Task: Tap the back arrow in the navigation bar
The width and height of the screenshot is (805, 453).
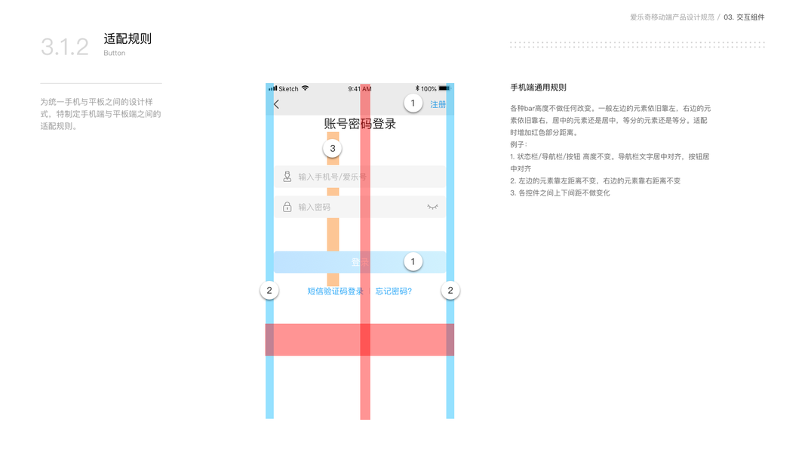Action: tap(277, 104)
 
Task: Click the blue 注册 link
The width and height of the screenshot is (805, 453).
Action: tap(438, 104)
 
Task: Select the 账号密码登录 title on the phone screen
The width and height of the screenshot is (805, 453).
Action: tap(360, 124)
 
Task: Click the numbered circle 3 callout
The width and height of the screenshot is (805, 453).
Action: tap(333, 148)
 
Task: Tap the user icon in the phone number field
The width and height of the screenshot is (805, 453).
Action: tap(287, 177)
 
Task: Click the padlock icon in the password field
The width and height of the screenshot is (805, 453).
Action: tap(287, 207)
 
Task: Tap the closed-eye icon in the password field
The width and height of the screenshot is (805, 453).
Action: tap(432, 206)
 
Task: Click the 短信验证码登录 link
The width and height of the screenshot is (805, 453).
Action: tap(335, 291)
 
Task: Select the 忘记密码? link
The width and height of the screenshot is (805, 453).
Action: tap(394, 291)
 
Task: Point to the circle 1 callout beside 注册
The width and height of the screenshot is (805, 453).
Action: tap(413, 103)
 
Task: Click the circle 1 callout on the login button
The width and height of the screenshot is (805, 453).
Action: tap(413, 261)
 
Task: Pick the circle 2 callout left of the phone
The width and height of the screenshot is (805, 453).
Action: tap(269, 290)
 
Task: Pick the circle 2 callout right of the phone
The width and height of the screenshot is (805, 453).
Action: tap(450, 290)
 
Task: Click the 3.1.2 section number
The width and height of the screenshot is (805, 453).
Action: tap(65, 47)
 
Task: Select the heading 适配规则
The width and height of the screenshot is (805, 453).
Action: tap(128, 39)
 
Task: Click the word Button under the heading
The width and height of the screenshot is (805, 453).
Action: tap(115, 54)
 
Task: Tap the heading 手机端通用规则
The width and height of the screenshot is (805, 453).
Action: tap(538, 88)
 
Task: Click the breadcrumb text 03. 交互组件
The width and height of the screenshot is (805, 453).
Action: tap(744, 17)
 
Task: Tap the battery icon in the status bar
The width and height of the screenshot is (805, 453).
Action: tap(444, 88)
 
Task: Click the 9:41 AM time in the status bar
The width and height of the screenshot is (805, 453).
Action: tap(360, 89)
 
